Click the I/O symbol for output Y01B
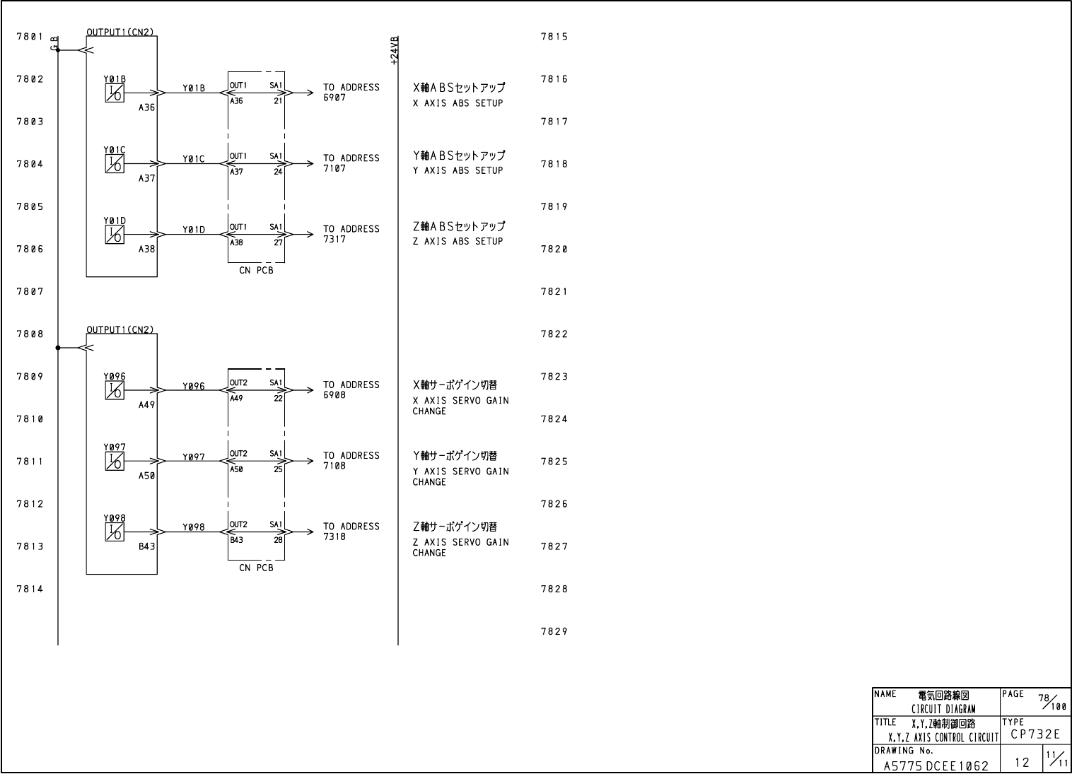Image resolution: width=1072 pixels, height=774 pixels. click(115, 93)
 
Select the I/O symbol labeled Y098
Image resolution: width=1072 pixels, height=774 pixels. click(115, 532)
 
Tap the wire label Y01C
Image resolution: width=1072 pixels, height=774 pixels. click(193, 159)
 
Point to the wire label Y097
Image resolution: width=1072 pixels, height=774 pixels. click(193, 457)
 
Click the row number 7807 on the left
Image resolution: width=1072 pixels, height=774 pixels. click(30, 291)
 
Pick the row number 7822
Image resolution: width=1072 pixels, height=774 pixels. click(554, 334)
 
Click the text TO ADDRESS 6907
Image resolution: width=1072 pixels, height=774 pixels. click(351, 93)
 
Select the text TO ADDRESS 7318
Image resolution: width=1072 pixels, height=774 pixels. click(351, 532)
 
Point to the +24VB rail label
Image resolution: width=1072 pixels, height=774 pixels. click(394, 51)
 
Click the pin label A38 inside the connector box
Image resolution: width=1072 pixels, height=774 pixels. click(237, 242)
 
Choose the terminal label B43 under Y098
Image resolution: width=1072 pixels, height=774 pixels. click(147, 546)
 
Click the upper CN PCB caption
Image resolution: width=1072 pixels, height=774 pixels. click(256, 271)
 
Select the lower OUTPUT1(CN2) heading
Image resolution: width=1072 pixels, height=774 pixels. click(120, 329)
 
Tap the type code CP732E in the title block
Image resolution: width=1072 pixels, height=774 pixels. click(1035, 734)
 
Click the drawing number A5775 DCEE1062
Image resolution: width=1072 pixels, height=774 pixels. click(936, 765)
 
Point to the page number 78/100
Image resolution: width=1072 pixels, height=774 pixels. click(1051, 700)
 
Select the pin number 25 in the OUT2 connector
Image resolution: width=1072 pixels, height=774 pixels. click(278, 469)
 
